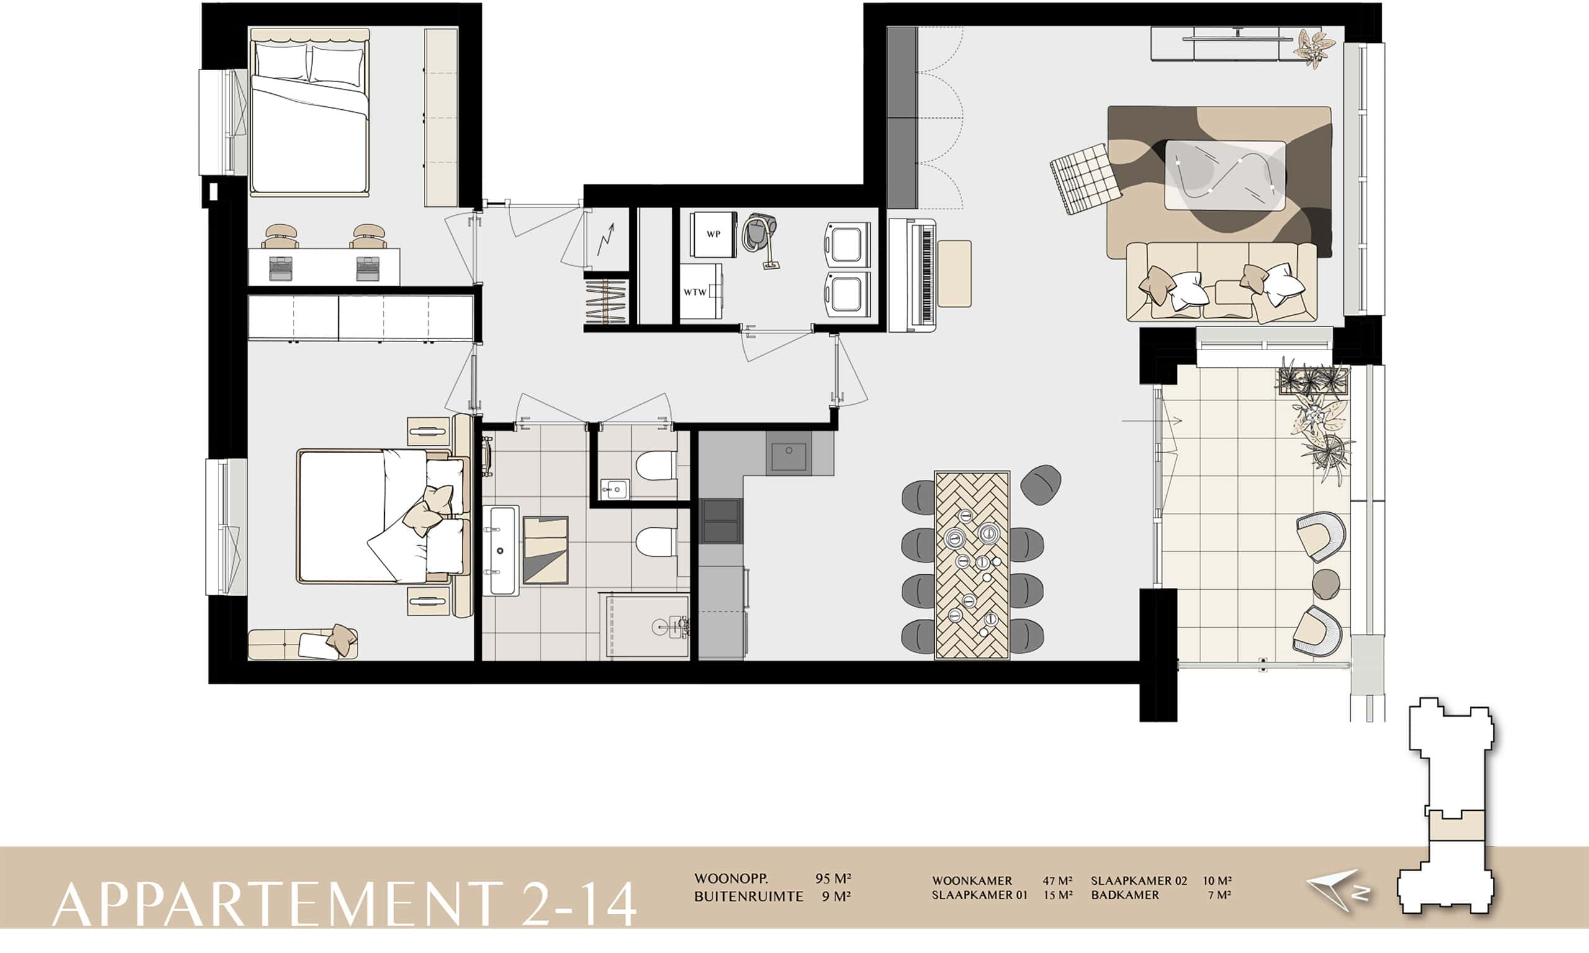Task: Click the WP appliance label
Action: tap(713, 235)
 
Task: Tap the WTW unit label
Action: tap(695, 292)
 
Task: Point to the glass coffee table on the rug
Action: tap(1226, 174)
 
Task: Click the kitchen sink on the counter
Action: tap(789, 453)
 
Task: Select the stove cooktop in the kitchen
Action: tap(721, 521)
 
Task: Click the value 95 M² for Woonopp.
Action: tap(833, 878)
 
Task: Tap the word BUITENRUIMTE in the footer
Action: tap(749, 897)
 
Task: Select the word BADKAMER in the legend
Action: tap(1125, 895)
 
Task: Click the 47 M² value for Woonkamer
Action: tap(1058, 880)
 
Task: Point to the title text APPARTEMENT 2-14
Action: tap(344, 904)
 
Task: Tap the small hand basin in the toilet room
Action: tap(614, 489)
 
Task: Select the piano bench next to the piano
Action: tap(954, 274)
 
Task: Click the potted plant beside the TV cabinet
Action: tap(1314, 47)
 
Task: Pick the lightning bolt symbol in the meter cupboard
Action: tap(605, 240)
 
